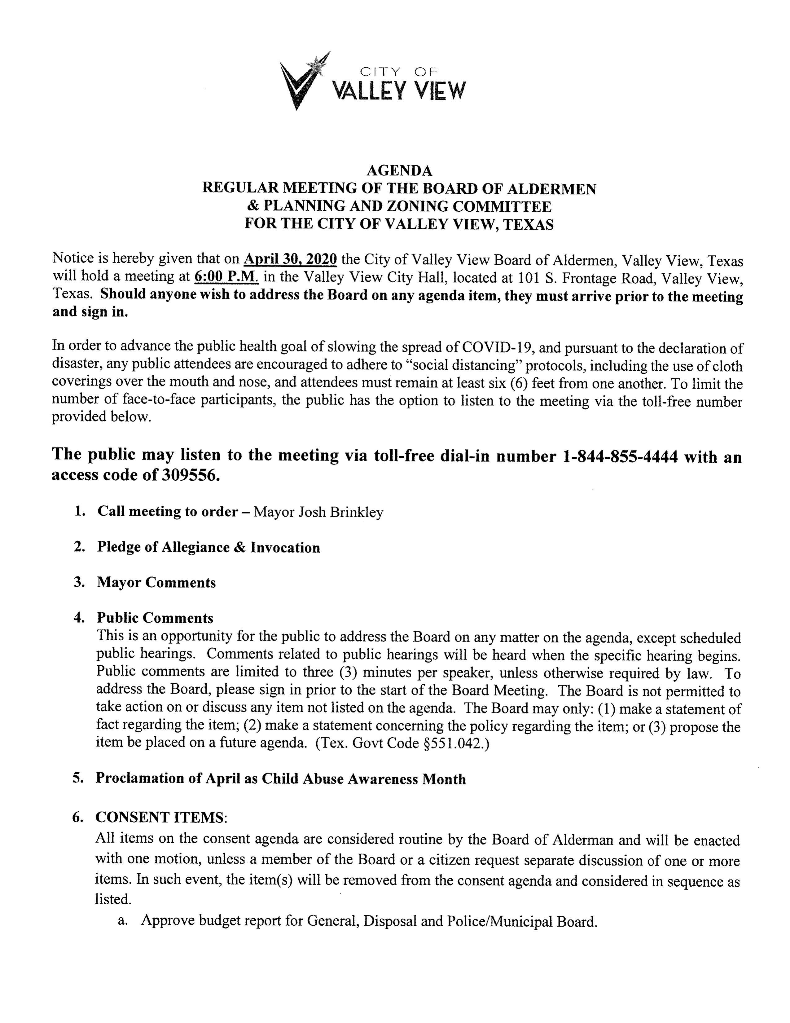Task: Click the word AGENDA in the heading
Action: click(399, 170)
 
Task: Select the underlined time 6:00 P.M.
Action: click(226, 277)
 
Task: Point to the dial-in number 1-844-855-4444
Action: click(619, 456)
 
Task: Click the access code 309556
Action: click(190, 475)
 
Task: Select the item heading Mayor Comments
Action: click(156, 583)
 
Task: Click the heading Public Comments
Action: click(155, 618)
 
